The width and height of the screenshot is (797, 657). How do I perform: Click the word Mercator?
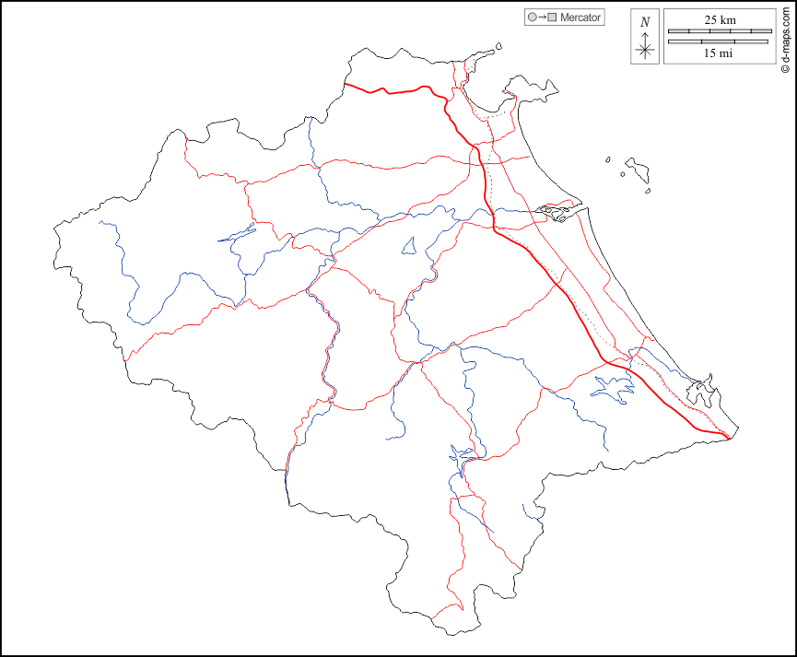pyautogui.click(x=580, y=18)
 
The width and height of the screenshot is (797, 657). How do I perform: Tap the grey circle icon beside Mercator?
pyautogui.click(x=532, y=18)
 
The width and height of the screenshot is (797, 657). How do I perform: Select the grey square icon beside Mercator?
pyautogui.click(x=552, y=18)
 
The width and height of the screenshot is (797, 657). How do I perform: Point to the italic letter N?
pyautogui.click(x=645, y=22)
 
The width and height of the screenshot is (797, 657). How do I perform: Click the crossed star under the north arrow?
pyautogui.click(x=645, y=50)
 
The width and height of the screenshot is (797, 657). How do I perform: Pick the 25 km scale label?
pyautogui.click(x=720, y=19)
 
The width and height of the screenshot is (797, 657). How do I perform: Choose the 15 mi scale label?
pyautogui.click(x=719, y=53)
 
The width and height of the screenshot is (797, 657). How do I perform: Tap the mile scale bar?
pyautogui.click(x=719, y=41)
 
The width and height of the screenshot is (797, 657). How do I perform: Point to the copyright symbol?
pyautogui.click(x=784, y=66)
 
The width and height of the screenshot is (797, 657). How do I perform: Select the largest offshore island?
pyautogui.click(x=637, y=170)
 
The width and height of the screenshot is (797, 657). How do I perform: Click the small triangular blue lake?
pyautogui.click(x=409, y=246)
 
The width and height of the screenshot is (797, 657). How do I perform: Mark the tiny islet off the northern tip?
pyautogui.click(x=498, y=45)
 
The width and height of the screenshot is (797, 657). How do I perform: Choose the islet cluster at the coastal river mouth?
pyautogui.click(x=555, y=212)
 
